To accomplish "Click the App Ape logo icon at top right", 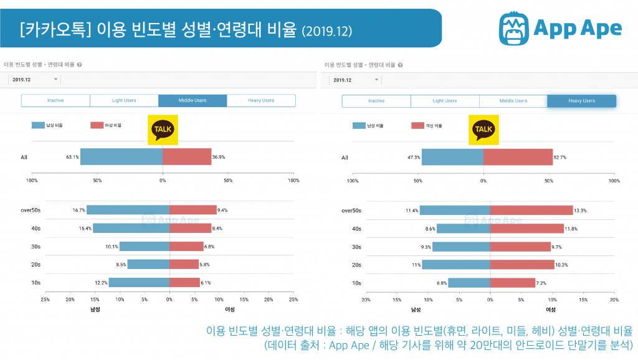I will tap(515, 28).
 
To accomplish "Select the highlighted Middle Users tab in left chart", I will tap(193, 100).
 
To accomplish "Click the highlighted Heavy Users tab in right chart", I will tap(581, 101).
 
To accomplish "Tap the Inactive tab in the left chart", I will tap(55, 100).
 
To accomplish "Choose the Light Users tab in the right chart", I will tap(445, 101).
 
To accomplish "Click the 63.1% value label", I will tap(72, 157).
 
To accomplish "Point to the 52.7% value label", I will tap(562, 158).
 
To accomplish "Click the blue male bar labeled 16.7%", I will tap(128, 211).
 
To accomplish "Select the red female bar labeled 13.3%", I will tap(531, 211).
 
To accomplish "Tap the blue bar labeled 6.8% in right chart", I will tap(469, 283).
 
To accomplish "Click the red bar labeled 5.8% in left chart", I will tap(184, 265).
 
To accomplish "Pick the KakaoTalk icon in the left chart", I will tap(163, 130).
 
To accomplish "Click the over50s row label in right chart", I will tap(351, 211).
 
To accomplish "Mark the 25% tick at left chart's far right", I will tap(293, 300).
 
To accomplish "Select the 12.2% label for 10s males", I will tap(100, 283).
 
